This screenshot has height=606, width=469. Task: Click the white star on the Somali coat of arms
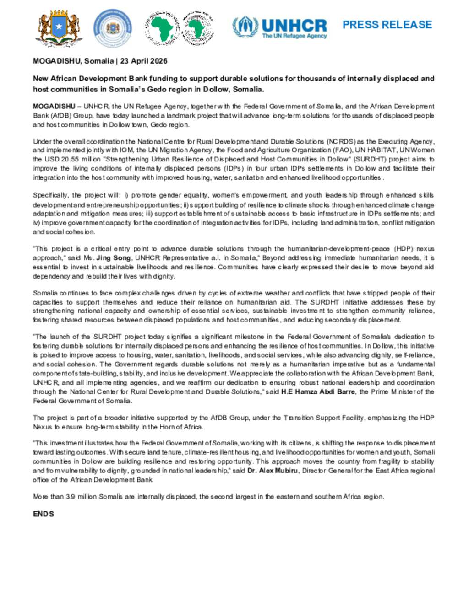[59, 27]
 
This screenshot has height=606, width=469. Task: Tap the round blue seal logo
[112, 28]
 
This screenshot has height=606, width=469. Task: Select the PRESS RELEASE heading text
[387, 25]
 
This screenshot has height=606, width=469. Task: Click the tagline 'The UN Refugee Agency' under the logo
[294, 36]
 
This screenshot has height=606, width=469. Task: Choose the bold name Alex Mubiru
[273, 471]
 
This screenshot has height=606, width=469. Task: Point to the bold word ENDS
[44, 514]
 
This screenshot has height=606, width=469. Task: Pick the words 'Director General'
[331, 471]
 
